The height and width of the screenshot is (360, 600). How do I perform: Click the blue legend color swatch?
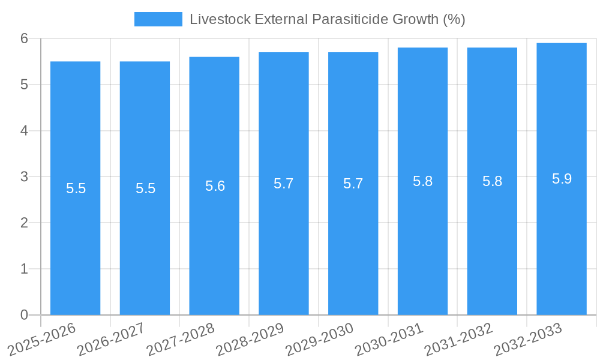(x=158, y=19)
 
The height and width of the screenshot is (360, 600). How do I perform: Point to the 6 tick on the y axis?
(x=24, y=38)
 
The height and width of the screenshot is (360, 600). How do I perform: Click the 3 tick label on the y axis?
(x=24, y=177)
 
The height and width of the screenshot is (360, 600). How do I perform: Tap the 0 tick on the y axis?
(x=24, y=315)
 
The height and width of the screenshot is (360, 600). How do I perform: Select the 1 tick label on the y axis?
(x=24, y=269)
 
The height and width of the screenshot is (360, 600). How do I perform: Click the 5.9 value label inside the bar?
(x=562, y=179)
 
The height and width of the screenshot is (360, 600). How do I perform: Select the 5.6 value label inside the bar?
(x=215, y=186)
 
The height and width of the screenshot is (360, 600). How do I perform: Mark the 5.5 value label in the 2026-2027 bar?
(x=145, y=188)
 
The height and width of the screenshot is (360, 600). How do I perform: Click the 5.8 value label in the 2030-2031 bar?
(x=422, y=181)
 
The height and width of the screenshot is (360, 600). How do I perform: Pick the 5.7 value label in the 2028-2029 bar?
(x=283, y=184)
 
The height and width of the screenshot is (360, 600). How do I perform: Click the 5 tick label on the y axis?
(x=24, y=85)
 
